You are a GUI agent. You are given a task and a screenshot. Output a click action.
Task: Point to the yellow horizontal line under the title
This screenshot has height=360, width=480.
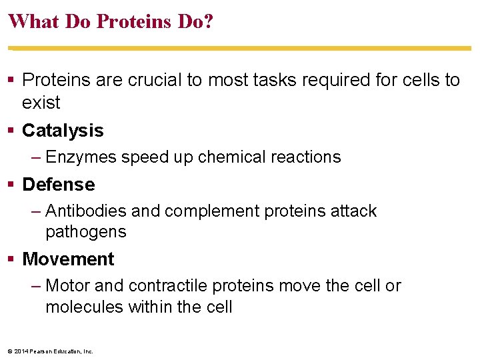[240, 48]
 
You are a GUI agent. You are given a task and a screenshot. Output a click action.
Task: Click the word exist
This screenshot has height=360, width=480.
[41, 103]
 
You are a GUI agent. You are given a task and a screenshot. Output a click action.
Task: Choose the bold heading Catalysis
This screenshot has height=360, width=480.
[63, 131]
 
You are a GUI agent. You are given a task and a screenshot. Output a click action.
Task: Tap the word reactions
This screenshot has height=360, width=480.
[306, 157]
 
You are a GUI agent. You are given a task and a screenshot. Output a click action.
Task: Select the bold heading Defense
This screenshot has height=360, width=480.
[59, 185]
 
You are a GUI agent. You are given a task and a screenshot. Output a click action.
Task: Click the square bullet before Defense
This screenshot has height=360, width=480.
[12, 185]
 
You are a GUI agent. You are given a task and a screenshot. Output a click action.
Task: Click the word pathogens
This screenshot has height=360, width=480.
[85, 232]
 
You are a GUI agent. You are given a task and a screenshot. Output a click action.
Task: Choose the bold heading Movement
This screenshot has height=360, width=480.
[68, 259]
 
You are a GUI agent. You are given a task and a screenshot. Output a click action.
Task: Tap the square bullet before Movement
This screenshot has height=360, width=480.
[12, 259]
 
